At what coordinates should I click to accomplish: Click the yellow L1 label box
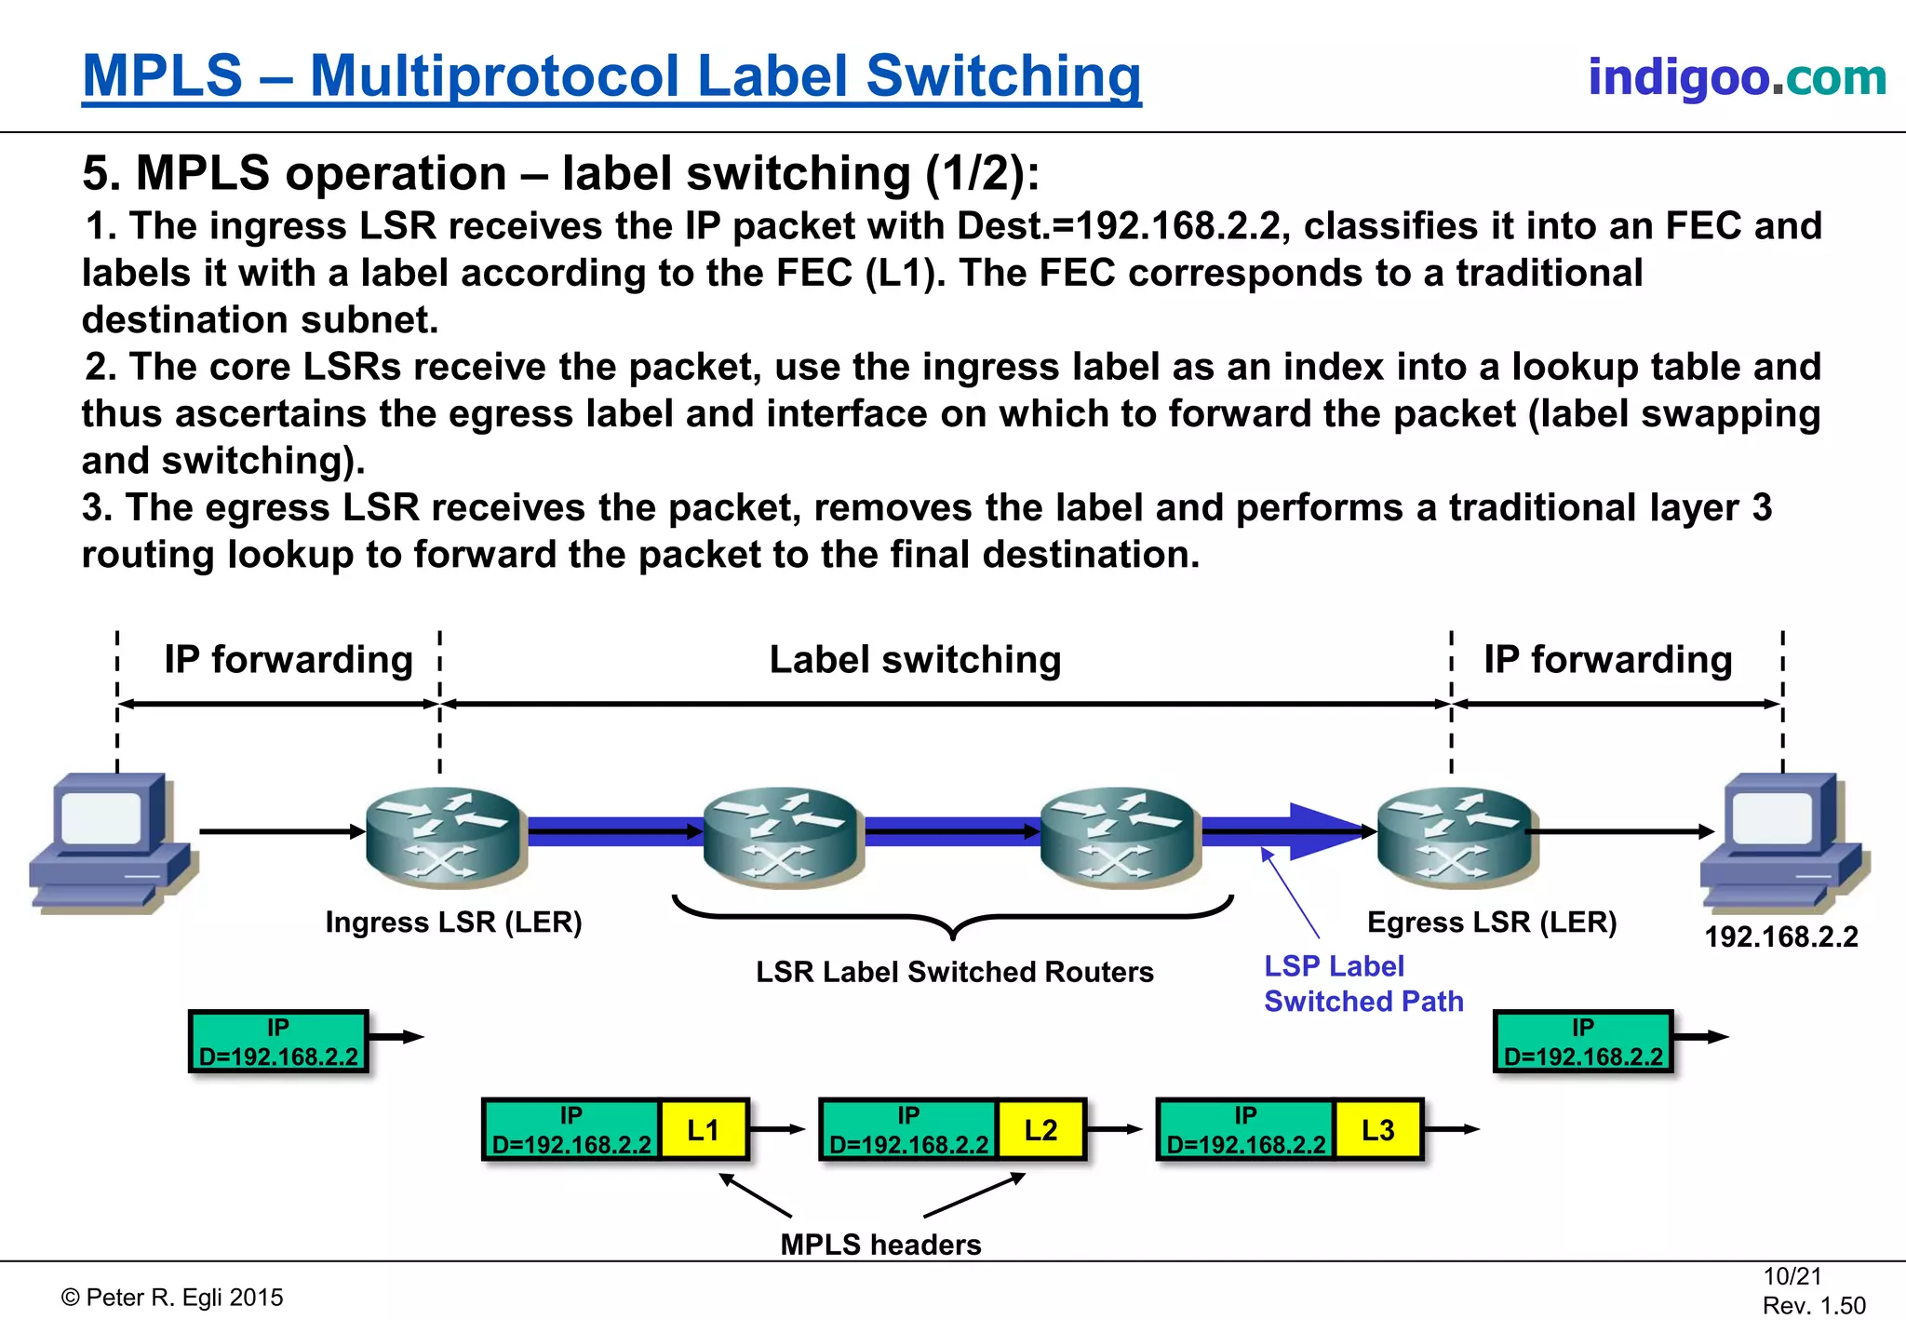(x=704, y=1130)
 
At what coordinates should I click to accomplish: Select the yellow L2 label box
(x=1040, y=1130)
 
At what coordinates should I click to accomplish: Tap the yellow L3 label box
(x=1378, y=1130)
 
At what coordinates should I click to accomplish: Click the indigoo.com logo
(x=1737, y=76)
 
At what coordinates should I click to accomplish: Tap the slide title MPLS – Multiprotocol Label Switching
(x=611, y=76)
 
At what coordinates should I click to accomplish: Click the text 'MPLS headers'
(x=880, y=1245)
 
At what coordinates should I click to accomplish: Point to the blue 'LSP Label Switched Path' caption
(x=1362, y=984)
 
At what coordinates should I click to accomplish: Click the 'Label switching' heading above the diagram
(x=915, y=660)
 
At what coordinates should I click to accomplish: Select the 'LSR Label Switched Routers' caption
(x=954, y=972)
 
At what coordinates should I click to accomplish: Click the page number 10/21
(x=1792, y=1276)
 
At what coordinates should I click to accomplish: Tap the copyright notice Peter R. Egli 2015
(x=173, y=1298)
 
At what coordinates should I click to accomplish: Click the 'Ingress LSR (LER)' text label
(x=453, y=923)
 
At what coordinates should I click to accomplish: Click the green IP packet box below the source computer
(x=278, y=1042)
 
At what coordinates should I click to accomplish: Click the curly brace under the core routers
(x=953, y=916)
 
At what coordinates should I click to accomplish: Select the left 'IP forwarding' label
(x=289, y=660)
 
